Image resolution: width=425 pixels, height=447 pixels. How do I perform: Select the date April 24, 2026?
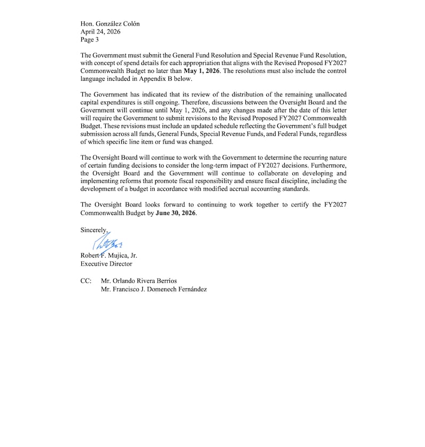[100, 31]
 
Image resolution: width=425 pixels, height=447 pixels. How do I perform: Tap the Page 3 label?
[90, 39]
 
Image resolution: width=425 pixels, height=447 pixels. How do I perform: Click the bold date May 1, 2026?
[202, 71]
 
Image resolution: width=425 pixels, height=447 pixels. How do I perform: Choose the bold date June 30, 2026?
[176, 213]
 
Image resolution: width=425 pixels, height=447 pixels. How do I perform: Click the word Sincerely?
[94, 230]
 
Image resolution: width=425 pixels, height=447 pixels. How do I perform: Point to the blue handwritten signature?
[109, 244]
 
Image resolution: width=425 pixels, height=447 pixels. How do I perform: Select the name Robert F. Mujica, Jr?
[109, 255]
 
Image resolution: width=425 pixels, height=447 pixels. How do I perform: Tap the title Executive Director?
[106, 263]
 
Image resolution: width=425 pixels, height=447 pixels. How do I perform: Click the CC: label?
[86, 280]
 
